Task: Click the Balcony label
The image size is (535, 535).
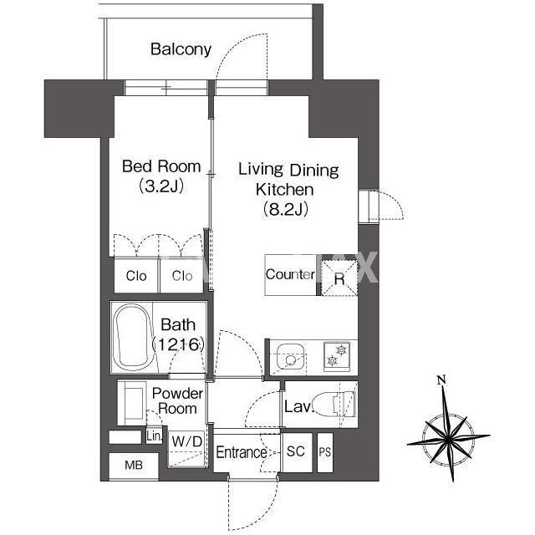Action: pos(181,49)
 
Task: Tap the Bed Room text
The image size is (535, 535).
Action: pos(161,166)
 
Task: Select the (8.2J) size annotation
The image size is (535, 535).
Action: pos(286,209)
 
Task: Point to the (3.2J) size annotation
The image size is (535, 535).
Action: pos(161,186)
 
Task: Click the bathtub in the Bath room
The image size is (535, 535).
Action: pos(134,337)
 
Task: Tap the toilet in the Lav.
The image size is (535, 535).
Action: pos(335,405)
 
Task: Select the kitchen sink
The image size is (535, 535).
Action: pos(290,357)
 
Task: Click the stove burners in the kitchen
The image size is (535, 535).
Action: pos(336,355)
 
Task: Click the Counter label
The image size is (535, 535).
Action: pos(290,275)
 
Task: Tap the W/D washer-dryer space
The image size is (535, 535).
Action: pos(187,448)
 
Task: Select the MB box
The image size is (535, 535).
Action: pos(134,465)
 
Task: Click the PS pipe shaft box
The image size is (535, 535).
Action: pos(325,452)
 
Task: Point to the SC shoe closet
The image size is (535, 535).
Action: pos(296,451)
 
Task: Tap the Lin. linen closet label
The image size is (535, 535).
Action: pos(154,436)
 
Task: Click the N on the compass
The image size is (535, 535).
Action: pos(442,380)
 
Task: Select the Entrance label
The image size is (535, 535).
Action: pos(242,452)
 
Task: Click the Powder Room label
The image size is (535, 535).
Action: pos(177,401)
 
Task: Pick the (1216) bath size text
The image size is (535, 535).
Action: pos(178,344)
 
